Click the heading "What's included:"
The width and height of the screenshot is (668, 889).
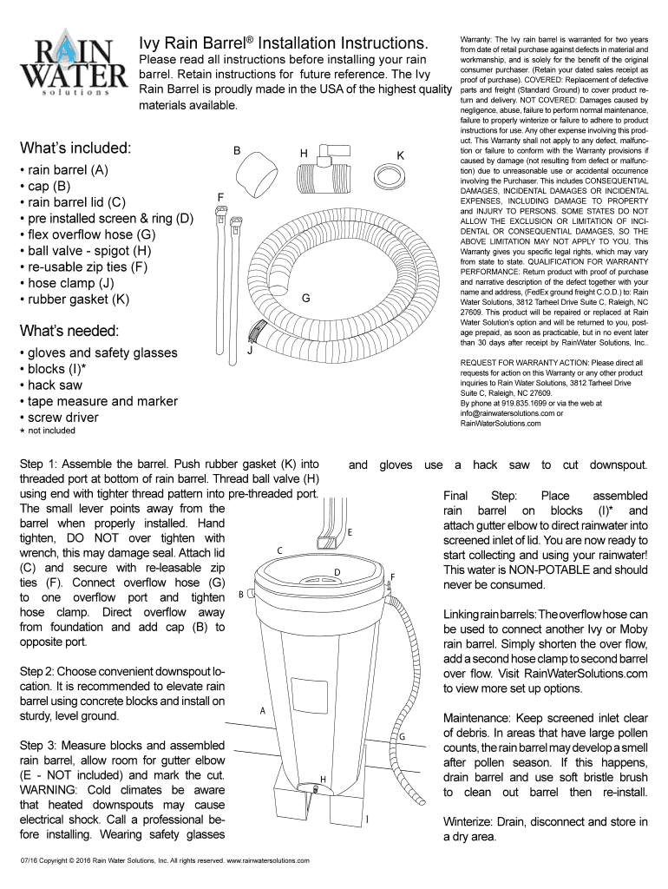click(75, 147)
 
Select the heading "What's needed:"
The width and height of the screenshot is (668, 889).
click(74, 331)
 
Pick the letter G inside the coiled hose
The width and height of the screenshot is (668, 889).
click(305, 299)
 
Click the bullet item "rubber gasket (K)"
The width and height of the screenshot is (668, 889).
click(78, 300)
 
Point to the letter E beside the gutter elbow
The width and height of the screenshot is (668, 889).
click(349, 531)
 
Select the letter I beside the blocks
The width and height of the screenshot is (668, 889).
click(370, 819)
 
